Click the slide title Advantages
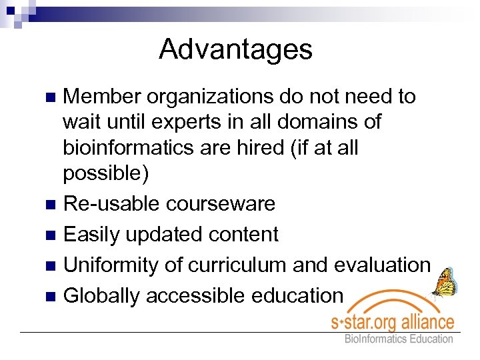[x=235, y=49]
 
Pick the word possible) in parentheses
[x=106, y=173]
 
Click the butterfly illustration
[x=443, y=281]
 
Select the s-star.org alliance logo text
[x=393, y=323]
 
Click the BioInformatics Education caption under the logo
[x=398, y=339]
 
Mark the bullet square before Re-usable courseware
[x=50, y=204]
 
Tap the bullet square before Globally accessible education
[x=50, y=296]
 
